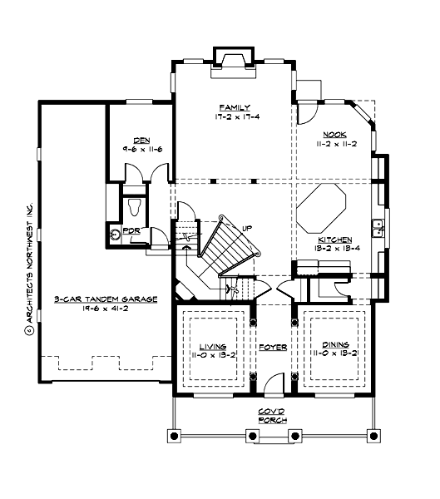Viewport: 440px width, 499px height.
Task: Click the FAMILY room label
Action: point(230,108)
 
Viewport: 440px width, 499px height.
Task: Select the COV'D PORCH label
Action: point(271,416)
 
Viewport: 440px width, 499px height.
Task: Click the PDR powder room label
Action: point(131,230)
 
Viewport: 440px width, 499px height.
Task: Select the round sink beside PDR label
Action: point(116,235)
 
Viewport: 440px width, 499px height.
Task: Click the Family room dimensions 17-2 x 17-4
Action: point(230,117)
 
